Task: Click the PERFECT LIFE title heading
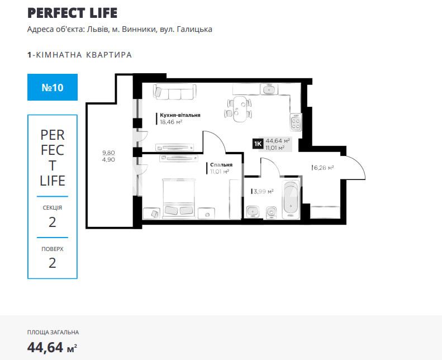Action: coord(72,13)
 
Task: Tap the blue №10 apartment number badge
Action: coord(52,87)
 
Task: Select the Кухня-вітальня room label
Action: coord(180,115)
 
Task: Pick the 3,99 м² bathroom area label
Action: coord(263,191)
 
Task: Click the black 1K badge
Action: coord(258,144)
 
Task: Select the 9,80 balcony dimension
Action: coord(108,152)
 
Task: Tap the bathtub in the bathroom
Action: coord(291,200)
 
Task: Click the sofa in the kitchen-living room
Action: coord(174,92)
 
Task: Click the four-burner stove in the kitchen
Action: coord(294,122)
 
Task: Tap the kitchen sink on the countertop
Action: coord(269,89)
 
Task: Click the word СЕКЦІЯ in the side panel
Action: coord(52,207)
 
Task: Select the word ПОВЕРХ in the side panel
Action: coord(52,248)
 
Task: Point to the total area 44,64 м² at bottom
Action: coord(52,348)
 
